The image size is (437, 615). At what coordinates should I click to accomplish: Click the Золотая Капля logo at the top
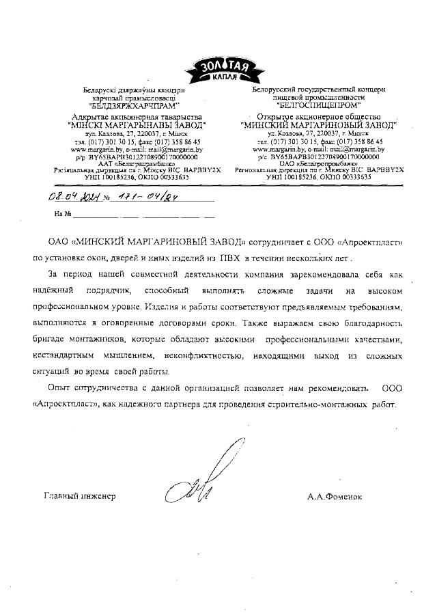tap(219, 69)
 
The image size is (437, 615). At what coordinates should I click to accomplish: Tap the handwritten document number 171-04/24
tap(125, 196)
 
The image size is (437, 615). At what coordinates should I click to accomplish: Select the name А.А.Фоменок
tap(335, 496)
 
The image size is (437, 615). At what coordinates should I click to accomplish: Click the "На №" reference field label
tap(62, 215)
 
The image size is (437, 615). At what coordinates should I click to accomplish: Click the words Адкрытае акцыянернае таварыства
tap(132, 117)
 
